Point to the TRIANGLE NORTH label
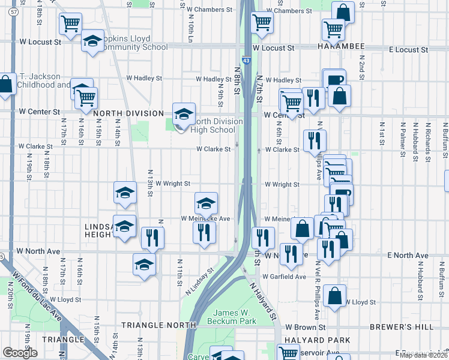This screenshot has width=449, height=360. pyautogui.click(x=158, y=325)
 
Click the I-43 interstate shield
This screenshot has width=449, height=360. pyautogui.click(x=247, y=60)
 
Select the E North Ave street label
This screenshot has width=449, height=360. pyautogui.click(x=408, y=256)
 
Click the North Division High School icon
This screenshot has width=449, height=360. pyautogui.click(x=184, y=113)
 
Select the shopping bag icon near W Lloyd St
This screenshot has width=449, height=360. pyautogui.click(x=334, y=296)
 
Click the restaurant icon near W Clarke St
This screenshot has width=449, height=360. pyautogui.click(x=315, y=141)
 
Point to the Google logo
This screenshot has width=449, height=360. pyautogui.click(x=20, y=352)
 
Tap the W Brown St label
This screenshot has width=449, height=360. pyautogui.click(x=305, y=328)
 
